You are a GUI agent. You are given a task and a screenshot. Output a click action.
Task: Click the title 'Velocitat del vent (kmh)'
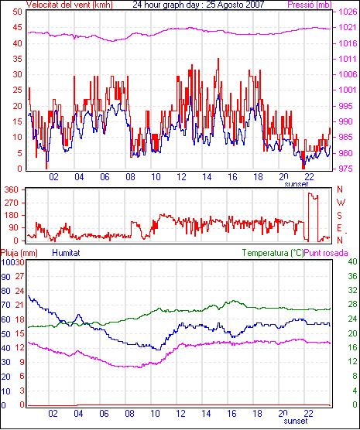[70, 5]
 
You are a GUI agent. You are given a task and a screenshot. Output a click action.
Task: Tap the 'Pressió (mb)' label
[310, 5]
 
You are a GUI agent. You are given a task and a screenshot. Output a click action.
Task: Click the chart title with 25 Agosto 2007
[198, 5]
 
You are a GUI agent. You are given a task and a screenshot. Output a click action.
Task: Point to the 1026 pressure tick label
[348, 12]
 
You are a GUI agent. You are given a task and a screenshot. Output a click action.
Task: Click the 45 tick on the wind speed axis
[17, 27]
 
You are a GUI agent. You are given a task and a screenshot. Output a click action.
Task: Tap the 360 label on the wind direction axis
[12, 189]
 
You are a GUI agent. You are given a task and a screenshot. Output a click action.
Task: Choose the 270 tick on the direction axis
[12, 203]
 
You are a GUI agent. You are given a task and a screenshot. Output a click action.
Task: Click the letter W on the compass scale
[341, 203]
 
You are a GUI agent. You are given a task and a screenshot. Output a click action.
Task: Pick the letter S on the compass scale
[340, 216]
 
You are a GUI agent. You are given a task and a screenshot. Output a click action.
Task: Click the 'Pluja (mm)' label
[19, 253]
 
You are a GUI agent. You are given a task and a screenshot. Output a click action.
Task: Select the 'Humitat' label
[66, 253]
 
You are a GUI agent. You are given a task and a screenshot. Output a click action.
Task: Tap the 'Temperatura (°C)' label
[273, 253]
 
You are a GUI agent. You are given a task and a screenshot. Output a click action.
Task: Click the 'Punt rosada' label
[326, 253]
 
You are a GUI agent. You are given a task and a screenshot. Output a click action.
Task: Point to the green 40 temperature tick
[353, 261]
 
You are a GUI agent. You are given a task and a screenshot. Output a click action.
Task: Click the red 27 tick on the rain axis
[19, 276]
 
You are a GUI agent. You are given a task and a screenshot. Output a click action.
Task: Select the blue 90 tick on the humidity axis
[5, 277]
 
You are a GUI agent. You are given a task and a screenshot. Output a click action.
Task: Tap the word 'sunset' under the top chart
[297, 184]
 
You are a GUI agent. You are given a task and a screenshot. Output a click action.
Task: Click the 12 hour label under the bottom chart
[180, 413]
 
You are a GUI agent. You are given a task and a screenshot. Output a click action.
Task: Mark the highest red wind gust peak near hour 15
[218, 59]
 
